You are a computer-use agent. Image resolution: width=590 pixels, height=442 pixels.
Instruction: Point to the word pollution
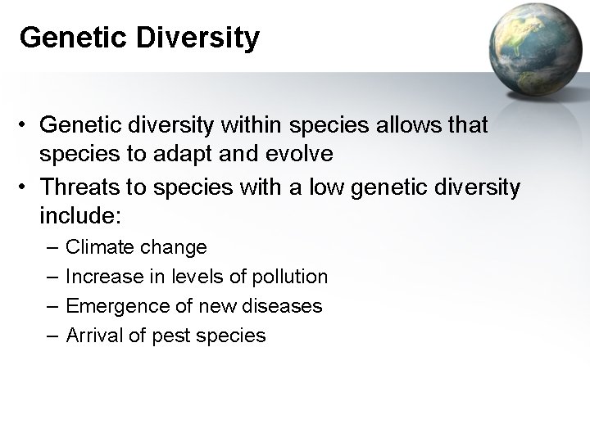(288, 277)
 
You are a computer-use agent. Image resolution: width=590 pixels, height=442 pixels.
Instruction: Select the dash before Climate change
(52, 246)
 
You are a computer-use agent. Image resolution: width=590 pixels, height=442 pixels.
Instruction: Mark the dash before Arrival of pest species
(52, 335)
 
